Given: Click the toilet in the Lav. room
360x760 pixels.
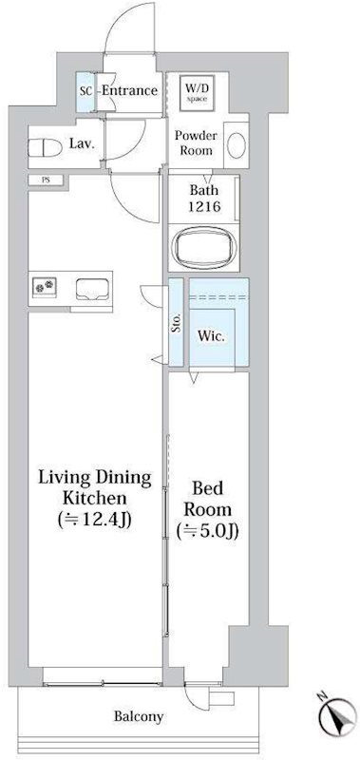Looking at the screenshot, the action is coord(45,148).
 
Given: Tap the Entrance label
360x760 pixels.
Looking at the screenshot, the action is coord(129,90).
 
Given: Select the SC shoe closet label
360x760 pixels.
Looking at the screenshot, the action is coord(85,91).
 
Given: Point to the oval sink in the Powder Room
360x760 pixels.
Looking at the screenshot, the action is coord(237,145).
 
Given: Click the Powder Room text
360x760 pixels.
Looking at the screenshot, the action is coord(196,143).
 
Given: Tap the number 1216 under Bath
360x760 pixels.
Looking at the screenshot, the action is coord(203,207).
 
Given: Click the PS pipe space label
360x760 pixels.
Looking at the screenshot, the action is coord(45,180).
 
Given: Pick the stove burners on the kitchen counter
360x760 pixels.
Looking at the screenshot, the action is coord(45,286).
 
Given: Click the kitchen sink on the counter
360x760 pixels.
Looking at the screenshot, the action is coord(93,289).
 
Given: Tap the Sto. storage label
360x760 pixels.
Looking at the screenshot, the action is coord(177,322).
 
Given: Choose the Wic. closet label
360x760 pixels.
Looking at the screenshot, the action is coord(211,337).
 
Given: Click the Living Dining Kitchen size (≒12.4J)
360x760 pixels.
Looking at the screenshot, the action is coord(95,521).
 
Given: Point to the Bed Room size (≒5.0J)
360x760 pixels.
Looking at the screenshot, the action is coord(207,532).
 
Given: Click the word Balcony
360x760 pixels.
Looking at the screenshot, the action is coord(139,716).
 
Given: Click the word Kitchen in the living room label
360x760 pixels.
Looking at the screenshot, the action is coord(95,498).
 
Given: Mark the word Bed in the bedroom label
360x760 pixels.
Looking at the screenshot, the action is coord(207,488).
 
